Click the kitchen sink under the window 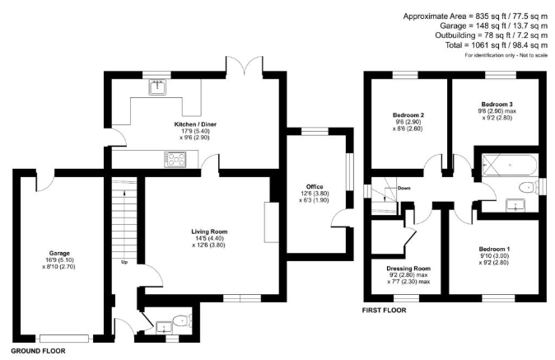click(157, 87)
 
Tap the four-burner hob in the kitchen click(175, 159)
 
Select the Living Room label click(209, 231)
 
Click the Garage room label click(59, 253)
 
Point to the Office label click(315, 186)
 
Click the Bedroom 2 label click(408, 115)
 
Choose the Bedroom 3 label click(497, 105)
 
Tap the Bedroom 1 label click(494, 250)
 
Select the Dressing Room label click(408, 269)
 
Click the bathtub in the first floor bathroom click(510, 165)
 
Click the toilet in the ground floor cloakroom click(182, 320)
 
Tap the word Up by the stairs click(124, 262)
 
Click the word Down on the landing click(403, 188)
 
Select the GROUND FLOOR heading click(38, 351)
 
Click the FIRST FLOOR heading click(384, 311)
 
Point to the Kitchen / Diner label click(195, 124)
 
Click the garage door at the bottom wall click(64, 339)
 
